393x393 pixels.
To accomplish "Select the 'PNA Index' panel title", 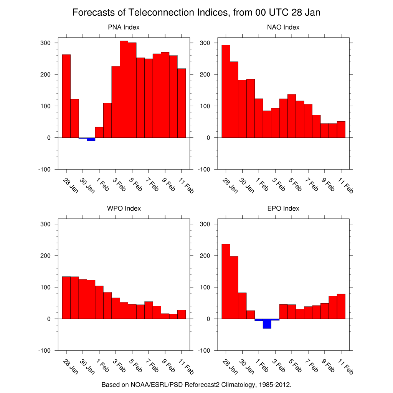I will [124, 27].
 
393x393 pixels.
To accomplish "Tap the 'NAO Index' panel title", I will [283, 27].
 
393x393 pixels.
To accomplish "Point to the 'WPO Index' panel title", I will [124, 208].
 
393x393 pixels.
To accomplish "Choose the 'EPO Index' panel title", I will [283, 208].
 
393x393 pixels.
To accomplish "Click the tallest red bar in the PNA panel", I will [124, 89].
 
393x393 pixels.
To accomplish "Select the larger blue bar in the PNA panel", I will [91, 139].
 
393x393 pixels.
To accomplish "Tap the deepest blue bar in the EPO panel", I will [267, 324].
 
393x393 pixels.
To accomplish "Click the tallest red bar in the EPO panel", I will [226, 281].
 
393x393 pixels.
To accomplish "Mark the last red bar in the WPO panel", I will [182, 314].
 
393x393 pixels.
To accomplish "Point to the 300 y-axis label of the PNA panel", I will [46, 43].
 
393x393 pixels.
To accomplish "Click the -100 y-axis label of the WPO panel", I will [44, 350].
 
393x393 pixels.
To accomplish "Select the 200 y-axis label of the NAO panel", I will [205, 74].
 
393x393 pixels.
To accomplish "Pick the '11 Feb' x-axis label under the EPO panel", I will [347, 368].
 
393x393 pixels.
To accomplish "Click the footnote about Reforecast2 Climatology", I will [196, 384].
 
